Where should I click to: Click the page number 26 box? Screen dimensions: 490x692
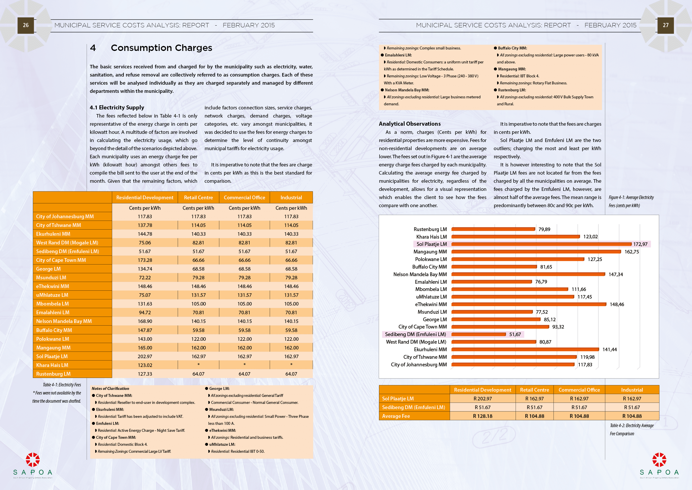coord(26,25)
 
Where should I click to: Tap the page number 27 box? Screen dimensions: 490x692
coord(666,25)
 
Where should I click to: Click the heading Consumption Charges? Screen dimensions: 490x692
coord(161,48)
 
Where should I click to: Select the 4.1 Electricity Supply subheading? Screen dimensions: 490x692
coord(117,108)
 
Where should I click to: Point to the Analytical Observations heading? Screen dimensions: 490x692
coord(409,124)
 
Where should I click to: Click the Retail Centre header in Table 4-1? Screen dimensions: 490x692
coord(198,198)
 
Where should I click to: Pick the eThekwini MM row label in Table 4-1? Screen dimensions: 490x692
coord(52,286)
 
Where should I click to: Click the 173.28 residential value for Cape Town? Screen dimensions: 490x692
coord(145,260)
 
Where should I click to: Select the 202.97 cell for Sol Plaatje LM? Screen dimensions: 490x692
coord(145,356)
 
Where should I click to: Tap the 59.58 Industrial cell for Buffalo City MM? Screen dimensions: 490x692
coord(291,330)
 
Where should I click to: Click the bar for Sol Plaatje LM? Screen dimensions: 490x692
coord(541,244)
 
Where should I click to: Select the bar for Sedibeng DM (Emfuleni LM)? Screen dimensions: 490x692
coord(478,334)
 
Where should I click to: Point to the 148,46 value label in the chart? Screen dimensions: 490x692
coord(617,304)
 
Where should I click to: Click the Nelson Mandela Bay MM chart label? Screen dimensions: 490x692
coord(420,275)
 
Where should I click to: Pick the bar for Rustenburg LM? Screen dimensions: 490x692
coord(493,229)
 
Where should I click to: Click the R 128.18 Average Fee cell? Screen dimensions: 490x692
coord(482,416)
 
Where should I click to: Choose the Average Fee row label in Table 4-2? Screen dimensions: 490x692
coord(396,416)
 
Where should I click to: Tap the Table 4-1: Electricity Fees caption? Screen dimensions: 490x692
coord(62,385)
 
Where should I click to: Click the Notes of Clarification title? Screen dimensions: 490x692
coord(110,389)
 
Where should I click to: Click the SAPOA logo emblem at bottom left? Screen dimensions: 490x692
coord(33,459)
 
